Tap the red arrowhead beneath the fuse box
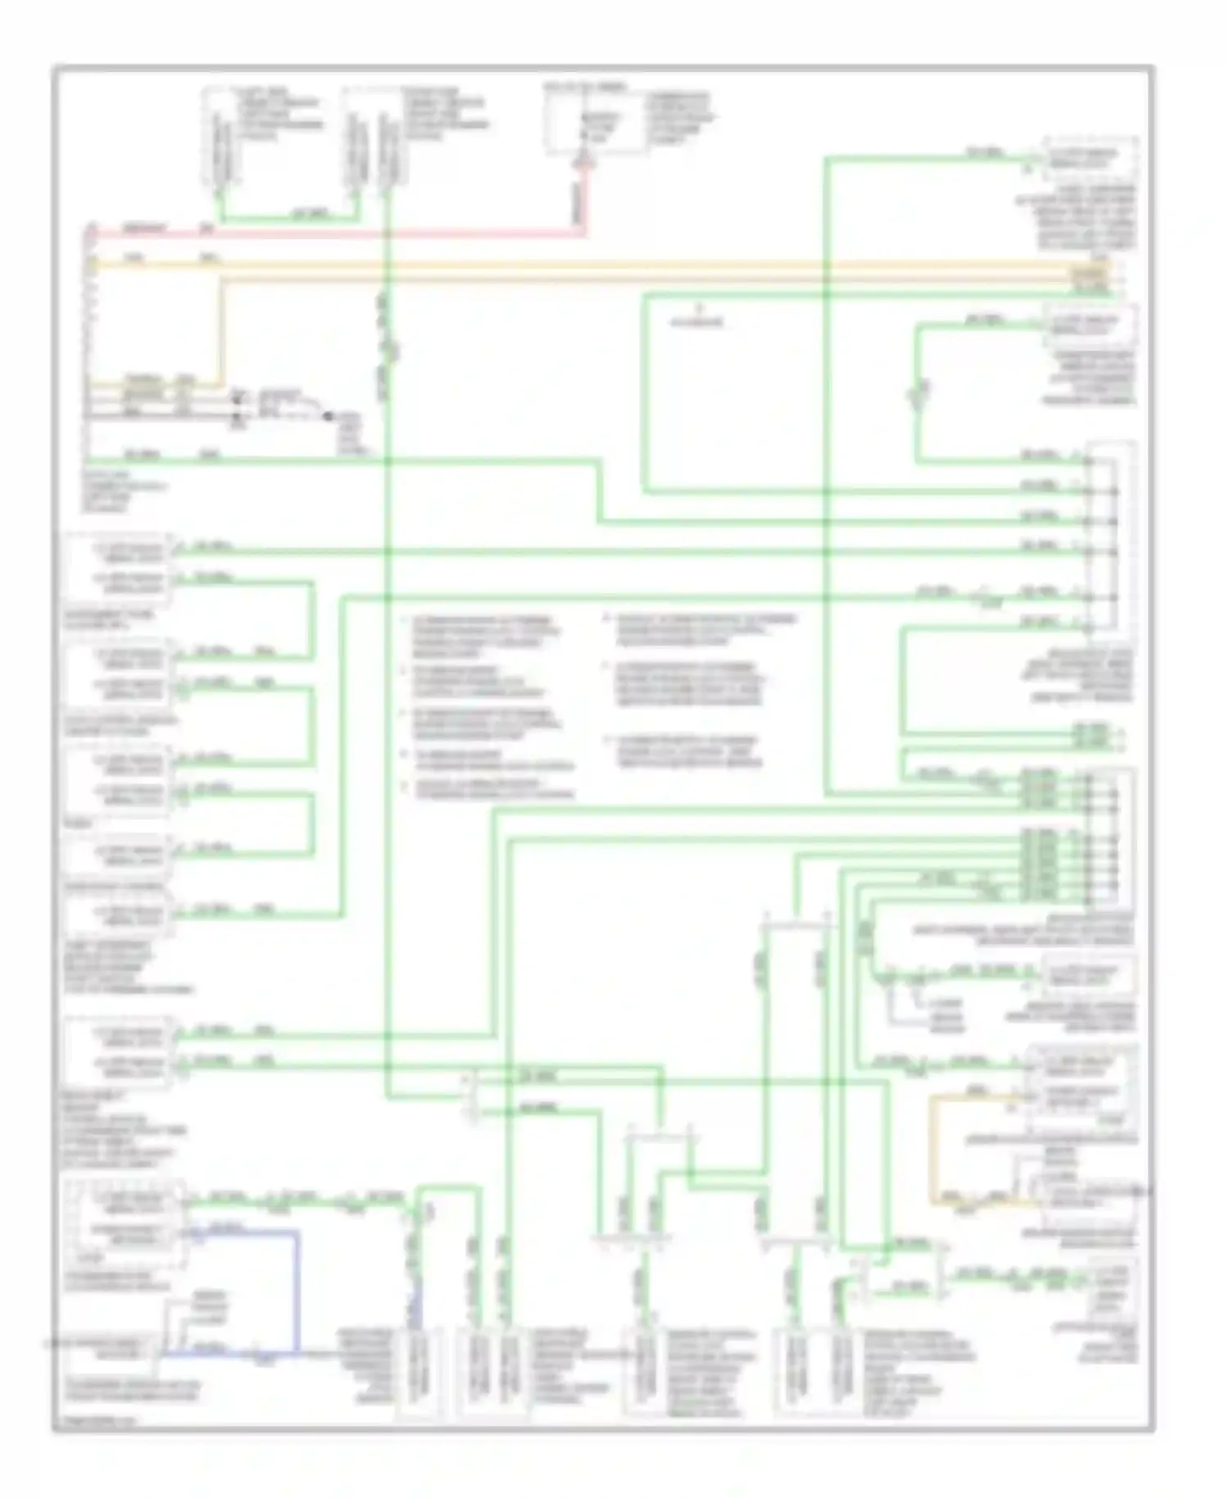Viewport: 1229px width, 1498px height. click(x=583, y=163)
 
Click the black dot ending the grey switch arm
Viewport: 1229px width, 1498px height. click(x=328, y=416)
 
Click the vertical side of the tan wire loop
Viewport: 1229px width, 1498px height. click(x=932, y=1147)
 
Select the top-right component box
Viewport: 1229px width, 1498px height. click(x=1090, y=159)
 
